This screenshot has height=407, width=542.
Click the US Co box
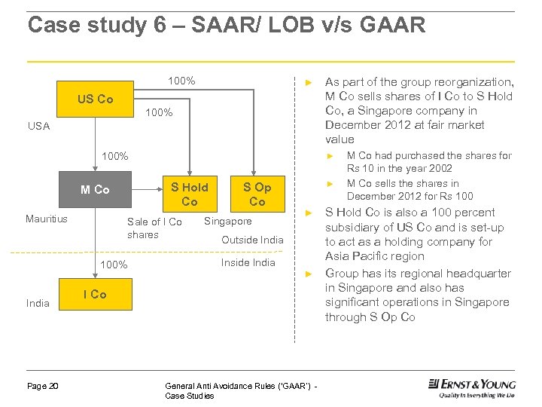96,99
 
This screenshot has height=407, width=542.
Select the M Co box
95,190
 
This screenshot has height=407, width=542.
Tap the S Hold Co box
190,194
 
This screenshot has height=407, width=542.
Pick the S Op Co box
257,194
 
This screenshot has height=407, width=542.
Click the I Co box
95,294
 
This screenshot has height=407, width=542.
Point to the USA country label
38,126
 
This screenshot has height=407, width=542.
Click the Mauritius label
47,219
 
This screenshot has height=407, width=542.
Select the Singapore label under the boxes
228,221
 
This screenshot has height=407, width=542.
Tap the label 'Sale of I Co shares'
154,228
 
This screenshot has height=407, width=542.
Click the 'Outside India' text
252,240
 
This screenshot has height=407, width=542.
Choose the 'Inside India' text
248,262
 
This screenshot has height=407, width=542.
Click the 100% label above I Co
114,265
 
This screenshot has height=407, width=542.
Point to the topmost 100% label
181,81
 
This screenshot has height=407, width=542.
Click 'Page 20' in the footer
43,386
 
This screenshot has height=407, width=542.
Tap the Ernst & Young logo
472,387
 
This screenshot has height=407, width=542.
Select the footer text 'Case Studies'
189,396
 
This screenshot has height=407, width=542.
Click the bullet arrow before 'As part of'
307,82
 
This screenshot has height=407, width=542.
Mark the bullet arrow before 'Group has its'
307,274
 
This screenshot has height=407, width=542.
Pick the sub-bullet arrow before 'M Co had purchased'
329,156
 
